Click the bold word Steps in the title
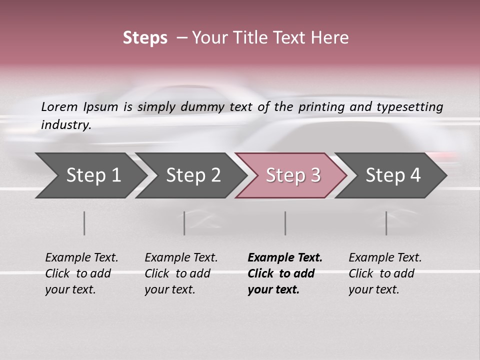click(145, 38)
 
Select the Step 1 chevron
click(90, 175)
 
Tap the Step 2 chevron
click(192, 175)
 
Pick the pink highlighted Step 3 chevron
click(292, 175)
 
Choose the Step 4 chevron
click(392, 175)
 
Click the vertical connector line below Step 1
click(84, 223)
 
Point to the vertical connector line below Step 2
click(184, 223)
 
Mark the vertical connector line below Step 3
click(285, 223)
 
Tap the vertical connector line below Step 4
click(386, 223)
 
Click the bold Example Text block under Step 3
click(284, 273)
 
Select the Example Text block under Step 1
click(81, 273)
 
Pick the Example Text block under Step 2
click(181, 273)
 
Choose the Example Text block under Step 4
click(385, 273)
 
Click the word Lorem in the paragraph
click(59, 106)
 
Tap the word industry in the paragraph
click(65, 125)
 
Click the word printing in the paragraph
click(321, 107)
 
